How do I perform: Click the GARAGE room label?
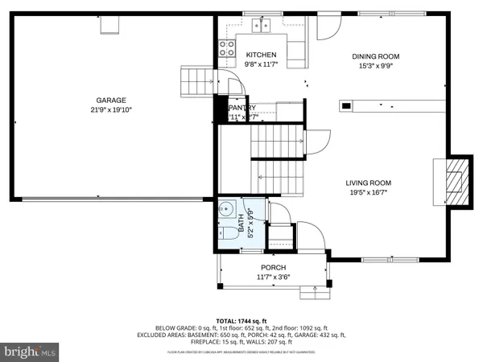(x=111, y=101)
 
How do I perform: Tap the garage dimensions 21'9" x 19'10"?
(x=111, y=111)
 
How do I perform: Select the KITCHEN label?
(x=261, y=55)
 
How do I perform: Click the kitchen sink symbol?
(x=261, y=26)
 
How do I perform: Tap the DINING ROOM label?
(x=375, y=56)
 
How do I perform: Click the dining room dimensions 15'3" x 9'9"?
(x=375, y=67)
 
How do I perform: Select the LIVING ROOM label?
(x=369, y=183)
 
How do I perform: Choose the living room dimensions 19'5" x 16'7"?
(x=369, y=193)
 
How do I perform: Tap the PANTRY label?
(x=242, y=108)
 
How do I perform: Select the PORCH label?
(x=273, y=267)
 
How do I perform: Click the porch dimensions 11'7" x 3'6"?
(x=273, y=278)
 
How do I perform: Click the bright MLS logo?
(x=31, y=352)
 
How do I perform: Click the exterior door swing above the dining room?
(x=328, y=27)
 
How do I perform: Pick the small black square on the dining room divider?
(x=346, y=105)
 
